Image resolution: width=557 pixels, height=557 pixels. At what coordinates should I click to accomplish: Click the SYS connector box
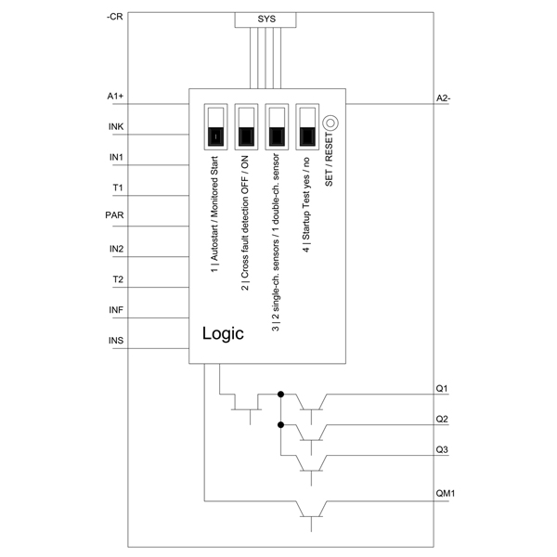(x=266, y=19)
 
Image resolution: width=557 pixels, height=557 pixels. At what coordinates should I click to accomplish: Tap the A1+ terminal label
(x=115, y=97)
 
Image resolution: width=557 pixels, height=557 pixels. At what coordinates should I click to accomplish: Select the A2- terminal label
(x=443, y=98)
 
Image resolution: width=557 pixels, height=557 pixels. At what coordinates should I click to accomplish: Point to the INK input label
(x=116, y=127)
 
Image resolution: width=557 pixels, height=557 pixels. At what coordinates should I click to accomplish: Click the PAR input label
(x=114, y=215)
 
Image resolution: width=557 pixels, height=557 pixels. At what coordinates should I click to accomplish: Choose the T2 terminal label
(x=118, y=279)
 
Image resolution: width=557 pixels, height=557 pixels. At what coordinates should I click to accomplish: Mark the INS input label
(x=116, y=341)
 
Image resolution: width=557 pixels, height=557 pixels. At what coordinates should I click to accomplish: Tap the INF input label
(x=116, y=310)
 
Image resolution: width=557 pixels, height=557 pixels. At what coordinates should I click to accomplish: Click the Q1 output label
(x=442, y=389)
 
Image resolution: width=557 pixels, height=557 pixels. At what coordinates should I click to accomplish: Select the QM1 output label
(x=445, y=494)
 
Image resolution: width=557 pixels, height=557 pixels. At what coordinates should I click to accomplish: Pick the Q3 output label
(x=442, y=449)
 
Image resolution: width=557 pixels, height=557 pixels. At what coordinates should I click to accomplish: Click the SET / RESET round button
(x=330, y=123)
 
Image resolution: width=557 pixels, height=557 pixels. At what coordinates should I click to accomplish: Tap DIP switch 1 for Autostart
(x=215, y=127)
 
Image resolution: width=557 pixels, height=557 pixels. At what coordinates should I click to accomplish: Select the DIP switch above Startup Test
(x=307, y=127)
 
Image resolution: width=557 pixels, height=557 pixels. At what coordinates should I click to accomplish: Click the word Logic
(x=223, y=333)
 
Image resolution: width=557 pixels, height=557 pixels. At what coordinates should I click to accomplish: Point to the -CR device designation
(x=115, y=17)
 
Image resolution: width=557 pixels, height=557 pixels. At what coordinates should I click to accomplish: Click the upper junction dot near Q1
(x=280, y=395)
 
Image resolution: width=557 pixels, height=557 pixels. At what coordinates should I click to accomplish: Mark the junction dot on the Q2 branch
(x=280, y=425)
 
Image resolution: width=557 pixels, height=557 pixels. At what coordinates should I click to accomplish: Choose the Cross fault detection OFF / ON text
(x=245, y=223)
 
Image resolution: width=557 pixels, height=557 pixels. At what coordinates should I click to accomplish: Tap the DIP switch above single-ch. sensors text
(x=277, y=127)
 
